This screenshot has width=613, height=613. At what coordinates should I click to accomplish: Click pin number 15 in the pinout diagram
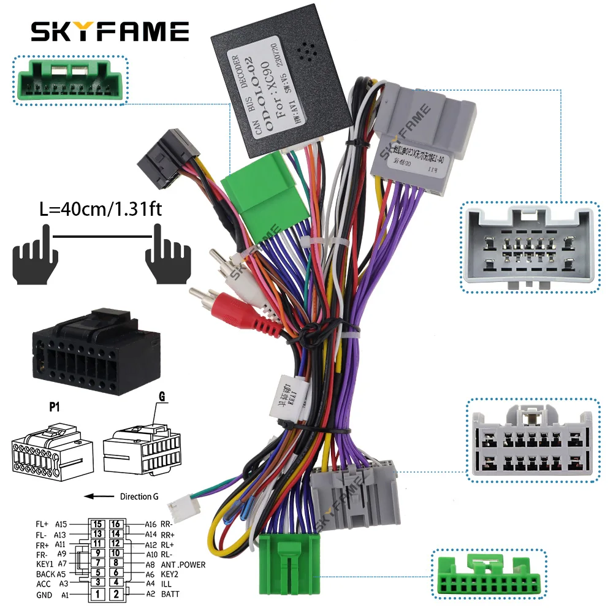[97, 524]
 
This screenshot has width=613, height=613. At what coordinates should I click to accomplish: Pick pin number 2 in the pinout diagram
[116, 593]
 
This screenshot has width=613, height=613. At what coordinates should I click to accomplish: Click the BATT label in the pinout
[170, 593]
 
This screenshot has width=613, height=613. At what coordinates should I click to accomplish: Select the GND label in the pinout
[45, 593]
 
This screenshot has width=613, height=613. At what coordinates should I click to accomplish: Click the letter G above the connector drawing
[162, 397]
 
